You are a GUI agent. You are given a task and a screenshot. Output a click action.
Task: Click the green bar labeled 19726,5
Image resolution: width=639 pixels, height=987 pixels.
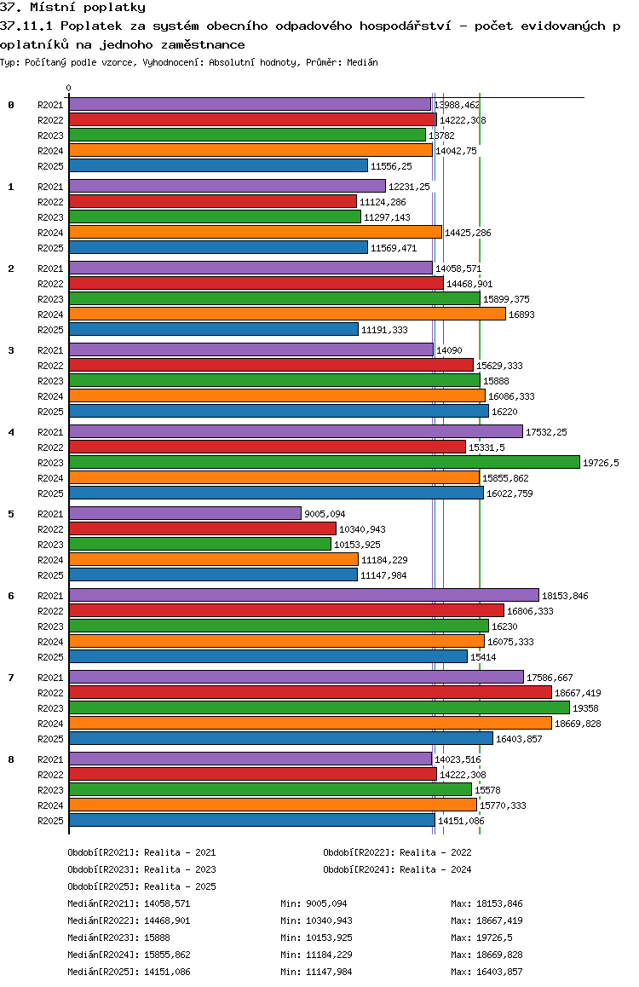click(324, 462)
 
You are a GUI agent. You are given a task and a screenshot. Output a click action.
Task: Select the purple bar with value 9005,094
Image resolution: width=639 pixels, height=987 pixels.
click(185, 513)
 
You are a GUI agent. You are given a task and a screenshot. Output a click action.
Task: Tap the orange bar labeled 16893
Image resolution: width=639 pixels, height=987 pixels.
click(286, 314)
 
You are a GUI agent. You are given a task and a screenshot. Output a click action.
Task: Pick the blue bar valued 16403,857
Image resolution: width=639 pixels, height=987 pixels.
click(280, 738)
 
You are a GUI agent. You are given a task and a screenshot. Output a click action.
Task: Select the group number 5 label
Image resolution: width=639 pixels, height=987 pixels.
click(11, 514)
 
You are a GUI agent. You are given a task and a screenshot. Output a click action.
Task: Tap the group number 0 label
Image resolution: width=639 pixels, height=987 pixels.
click(11, 105)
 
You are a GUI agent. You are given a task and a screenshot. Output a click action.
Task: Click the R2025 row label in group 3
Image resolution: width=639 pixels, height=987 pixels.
click(50, 412)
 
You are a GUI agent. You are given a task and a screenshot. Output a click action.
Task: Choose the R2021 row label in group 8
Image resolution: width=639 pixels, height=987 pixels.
click(50, 759)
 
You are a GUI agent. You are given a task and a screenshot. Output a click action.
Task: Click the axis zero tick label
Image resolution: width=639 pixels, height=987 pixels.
click(69, 88)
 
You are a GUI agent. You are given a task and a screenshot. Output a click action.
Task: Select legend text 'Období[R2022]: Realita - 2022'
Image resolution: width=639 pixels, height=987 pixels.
click(397, 852)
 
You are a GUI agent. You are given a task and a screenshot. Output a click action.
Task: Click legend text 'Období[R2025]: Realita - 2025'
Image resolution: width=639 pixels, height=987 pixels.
click(141, 887)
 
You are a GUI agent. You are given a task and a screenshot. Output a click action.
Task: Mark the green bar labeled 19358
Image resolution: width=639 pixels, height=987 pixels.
click(319, 707)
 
